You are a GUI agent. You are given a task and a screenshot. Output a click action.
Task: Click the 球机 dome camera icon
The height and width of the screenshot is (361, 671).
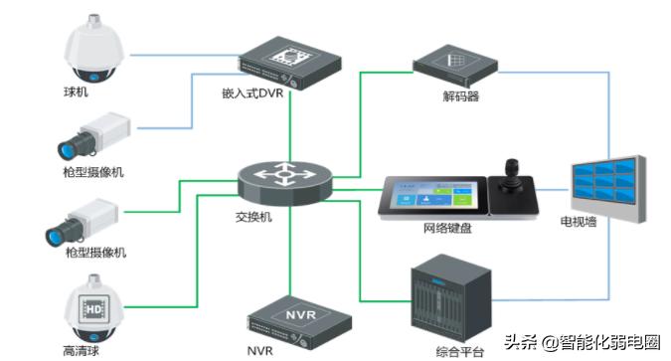[91, 53]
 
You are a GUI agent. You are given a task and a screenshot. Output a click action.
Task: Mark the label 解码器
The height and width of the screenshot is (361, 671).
[461, 97]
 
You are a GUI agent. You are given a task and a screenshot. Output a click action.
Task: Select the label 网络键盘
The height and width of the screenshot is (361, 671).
[447, 229]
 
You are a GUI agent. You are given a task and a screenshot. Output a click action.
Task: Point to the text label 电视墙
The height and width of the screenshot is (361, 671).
[579, 221]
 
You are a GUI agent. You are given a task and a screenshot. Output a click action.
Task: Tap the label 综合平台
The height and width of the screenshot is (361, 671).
[459, 349]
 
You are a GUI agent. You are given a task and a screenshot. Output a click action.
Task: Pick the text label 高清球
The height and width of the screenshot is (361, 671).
[81, 350]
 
